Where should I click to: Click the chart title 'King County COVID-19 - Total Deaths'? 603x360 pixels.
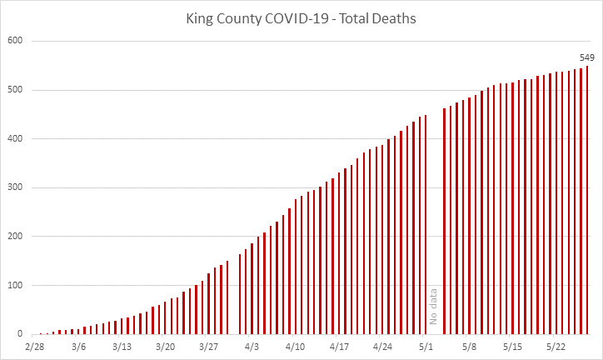tap(301, 16)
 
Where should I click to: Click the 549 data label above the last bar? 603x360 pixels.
tap(587, 57)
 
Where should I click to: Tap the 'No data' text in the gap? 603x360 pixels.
tap(433, 306)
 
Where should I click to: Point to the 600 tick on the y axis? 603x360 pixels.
tap(16, 41)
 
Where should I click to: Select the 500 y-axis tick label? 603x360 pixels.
tap(16, 90)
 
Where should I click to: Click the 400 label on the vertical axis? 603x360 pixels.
tap(16, 138)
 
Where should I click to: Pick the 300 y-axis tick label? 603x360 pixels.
tap(16, 187)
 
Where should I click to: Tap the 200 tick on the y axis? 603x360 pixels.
tap(16, 237)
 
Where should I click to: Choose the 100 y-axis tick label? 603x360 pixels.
tap(16, 285)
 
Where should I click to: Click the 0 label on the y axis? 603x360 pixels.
tap(21, 334)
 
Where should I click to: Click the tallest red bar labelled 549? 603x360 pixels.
tap(587, 200)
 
